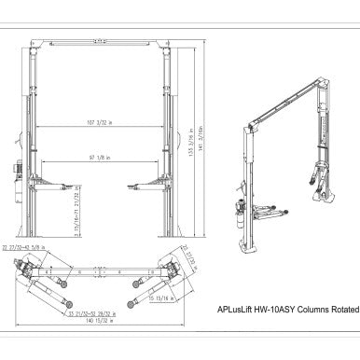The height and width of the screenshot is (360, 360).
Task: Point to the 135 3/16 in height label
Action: tap(188, 145)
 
